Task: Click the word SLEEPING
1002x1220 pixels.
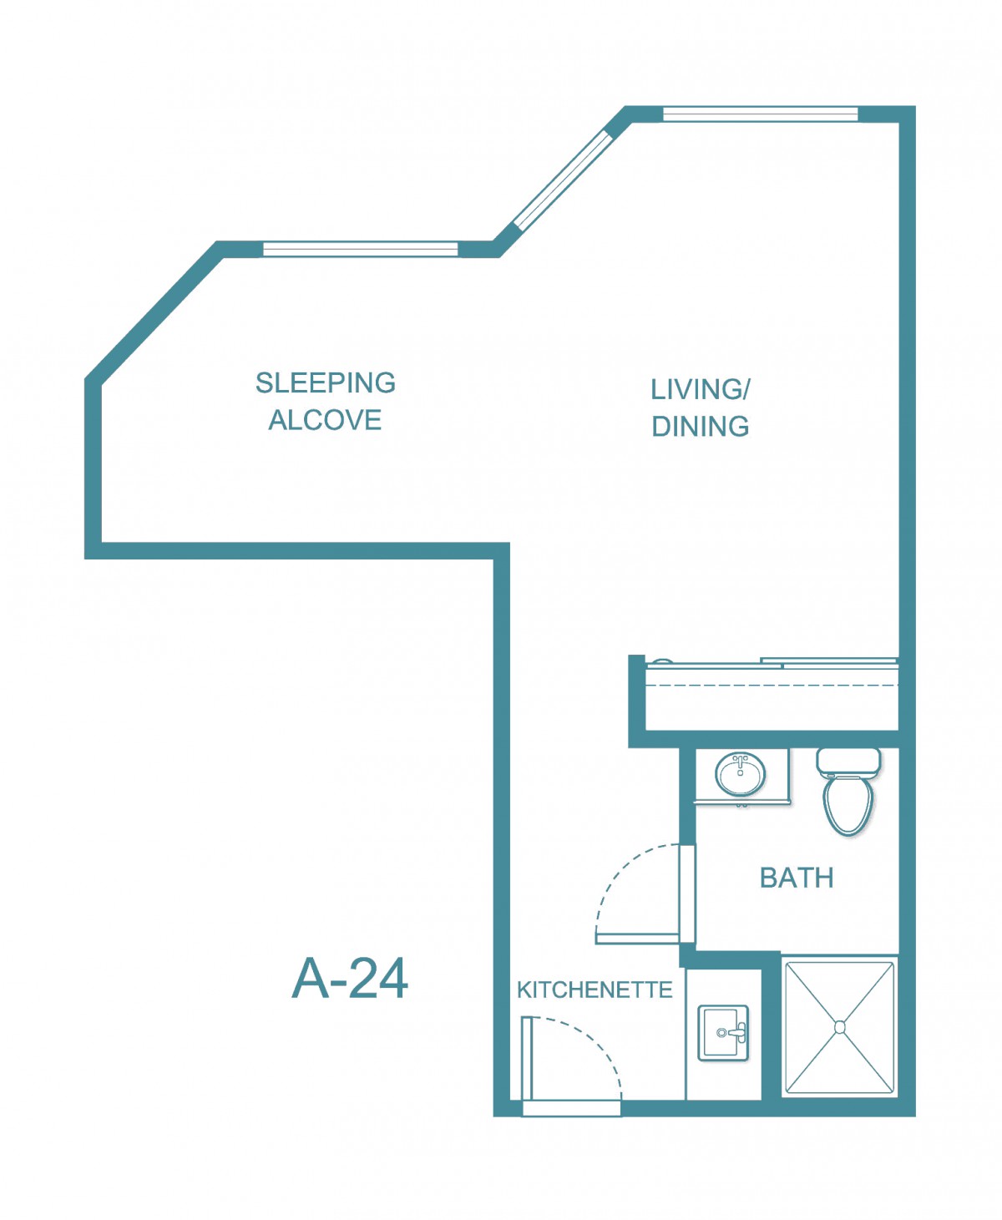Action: point(325,383)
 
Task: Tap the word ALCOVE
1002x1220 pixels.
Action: point(325,420)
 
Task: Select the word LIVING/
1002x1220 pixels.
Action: point(700,389)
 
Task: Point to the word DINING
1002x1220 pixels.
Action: point(700,427)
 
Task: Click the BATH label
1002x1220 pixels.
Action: point(797,878)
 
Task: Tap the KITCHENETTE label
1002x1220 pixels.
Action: point(595,990)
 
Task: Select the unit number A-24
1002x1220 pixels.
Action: point(349,979)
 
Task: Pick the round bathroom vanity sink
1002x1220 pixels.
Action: point(741,773)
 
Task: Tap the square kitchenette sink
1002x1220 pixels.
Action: point(723,1033)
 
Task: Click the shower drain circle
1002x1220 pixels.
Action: point(840,1027)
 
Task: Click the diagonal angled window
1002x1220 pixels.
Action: point(562,181)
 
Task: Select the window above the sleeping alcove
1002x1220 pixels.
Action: point(361,250)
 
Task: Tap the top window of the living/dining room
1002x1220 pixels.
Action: point(760,114)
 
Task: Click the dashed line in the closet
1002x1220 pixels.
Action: point(772,685)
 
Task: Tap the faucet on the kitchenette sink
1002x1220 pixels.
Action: point(734,1033)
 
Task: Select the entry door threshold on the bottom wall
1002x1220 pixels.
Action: point(572,1108)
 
